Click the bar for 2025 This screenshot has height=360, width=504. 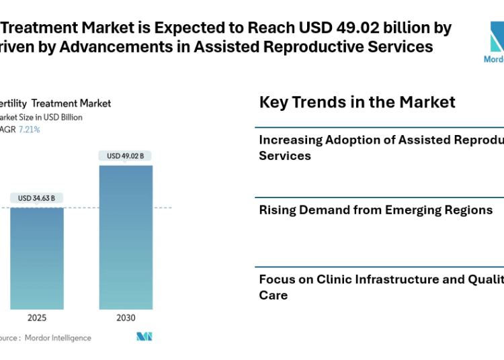tap(36, 258)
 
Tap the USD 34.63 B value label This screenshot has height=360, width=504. tap(36, 198)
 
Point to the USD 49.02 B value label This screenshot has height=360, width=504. tap(125, 156)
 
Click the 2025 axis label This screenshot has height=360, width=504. tap(36, 318)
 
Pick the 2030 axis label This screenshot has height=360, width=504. tap(125, 318)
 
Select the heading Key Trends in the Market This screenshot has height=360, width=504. tap(357, 102)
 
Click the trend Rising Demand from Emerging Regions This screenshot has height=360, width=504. tap(376, 210)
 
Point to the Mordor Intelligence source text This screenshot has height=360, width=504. tap(58, 338)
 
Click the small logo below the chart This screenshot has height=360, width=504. tap(144, 336)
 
